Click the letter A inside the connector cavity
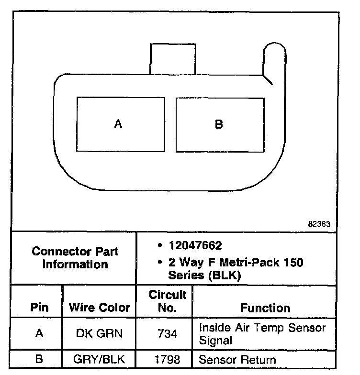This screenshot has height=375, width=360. (118, 124)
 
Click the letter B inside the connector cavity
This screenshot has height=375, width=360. (219, 124)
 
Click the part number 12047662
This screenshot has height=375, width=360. (195, 246)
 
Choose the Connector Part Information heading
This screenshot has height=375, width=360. (75, 258)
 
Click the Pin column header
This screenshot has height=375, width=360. (39, 308)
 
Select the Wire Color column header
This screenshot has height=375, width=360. (100, 308)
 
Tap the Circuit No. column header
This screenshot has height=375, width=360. (167, 301)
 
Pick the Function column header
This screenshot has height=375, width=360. (265, 308)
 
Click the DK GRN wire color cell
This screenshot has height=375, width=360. (100, 333)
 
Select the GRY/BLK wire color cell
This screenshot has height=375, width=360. (100, 359)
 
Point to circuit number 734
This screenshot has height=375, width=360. (167, 333)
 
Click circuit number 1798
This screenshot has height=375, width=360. (167, 359)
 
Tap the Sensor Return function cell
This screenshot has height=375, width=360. (237, 359)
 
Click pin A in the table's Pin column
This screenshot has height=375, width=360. (39, 333)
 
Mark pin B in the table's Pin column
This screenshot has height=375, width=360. (39, 359)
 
